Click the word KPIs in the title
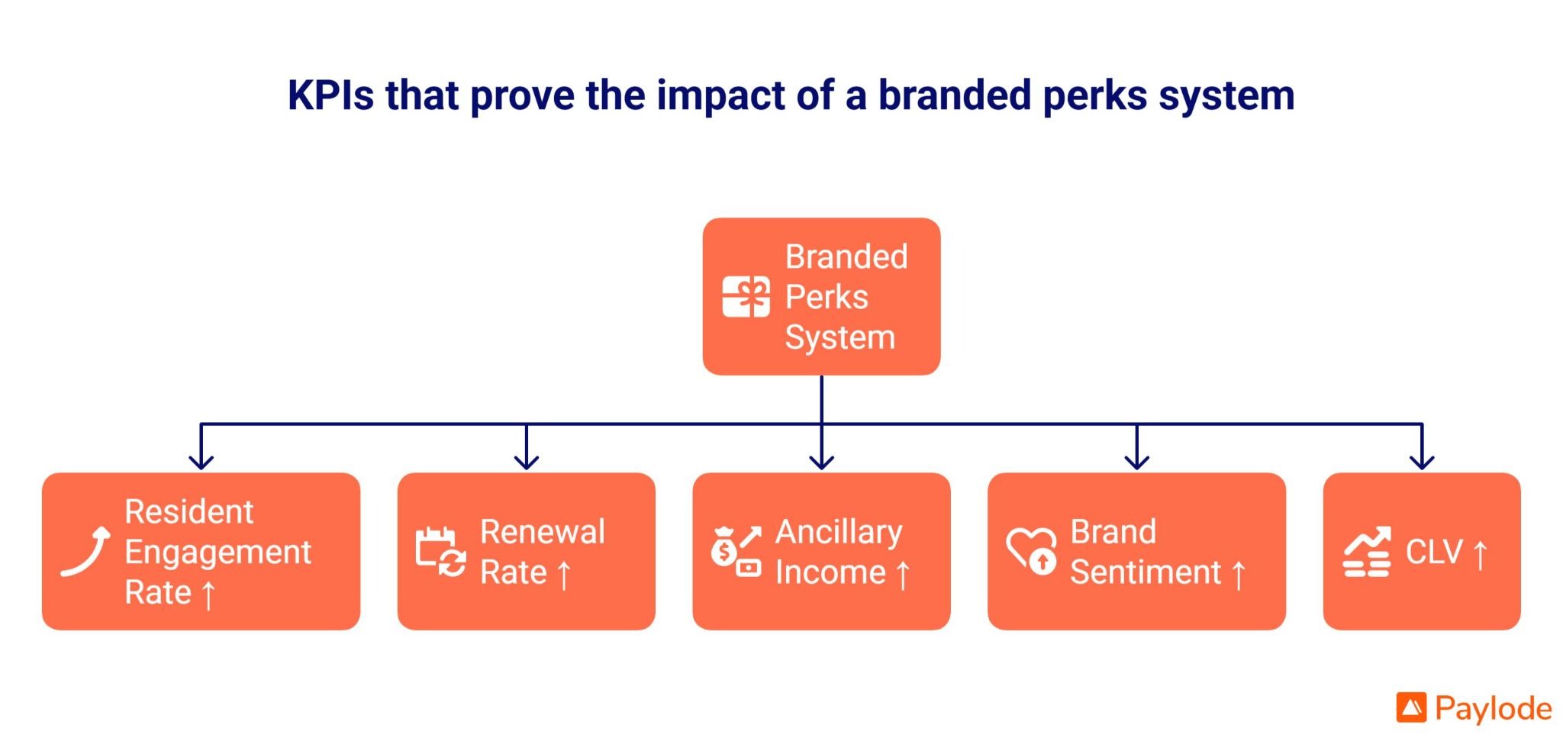click(330, 96)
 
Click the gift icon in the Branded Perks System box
click(746, 297)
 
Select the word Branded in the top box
click(846, 257)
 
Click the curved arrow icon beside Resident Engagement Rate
click(85, 552)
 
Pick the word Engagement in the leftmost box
click(218, 552)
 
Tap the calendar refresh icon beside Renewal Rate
click(440, 552)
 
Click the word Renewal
click(543, 532)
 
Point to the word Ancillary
click(839, 532)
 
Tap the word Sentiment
click(1145, 572)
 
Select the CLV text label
click(1434, 552)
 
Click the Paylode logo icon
click(1411, 707)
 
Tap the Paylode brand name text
click(1493, 709)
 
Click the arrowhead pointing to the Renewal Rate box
click(527, 462)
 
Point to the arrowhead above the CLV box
click(1422, 462)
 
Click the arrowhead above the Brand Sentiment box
click(1137, 462)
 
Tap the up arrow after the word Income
click(903, 575)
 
